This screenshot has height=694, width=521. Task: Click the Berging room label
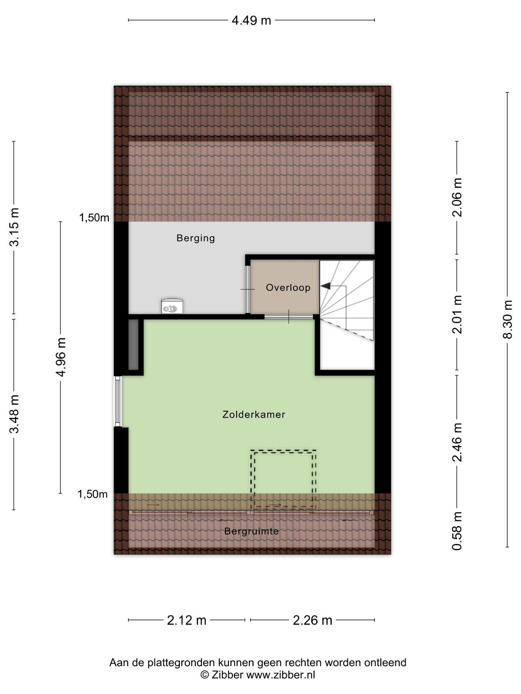pyautogui.click(x=195, y=238)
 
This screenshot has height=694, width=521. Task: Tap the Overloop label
pyautogui.click(x=288, y=288)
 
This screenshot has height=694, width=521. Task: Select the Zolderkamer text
pyautogui.click(x=254, y=414)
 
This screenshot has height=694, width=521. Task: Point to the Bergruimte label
pyautogui.click(x=251, y=531)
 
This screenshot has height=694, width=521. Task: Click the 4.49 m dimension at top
pyautogui.click(x=251, y=20)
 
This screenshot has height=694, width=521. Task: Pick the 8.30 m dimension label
pyautogui.click(x=507, y=319)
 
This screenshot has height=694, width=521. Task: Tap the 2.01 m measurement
pyautogui.click(x=457, y=314)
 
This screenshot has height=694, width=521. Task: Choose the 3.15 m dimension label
pyautogui.click(x=14, y=227)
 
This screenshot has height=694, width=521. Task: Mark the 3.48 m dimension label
pyautogui.click(x=14, y=413)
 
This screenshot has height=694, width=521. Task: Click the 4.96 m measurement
pyautogui.click(x=60, y=357)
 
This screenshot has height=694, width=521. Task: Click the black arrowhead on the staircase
pyautogui.click(x=326, y=286)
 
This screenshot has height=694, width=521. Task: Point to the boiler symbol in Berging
pyautogui.click(x=172, y=306)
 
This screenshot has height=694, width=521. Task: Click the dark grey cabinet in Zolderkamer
pyautogui.click(x=133, y=344)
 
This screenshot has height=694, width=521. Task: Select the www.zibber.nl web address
pyautogui.click(x=280, y=674)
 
